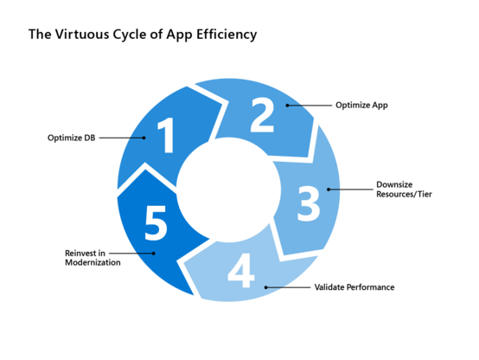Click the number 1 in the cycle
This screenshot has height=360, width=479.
pos(166,135)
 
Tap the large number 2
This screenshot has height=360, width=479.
pos(262,115)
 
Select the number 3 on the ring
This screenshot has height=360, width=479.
pos(309,203)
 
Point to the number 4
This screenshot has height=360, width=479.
pos(241,270)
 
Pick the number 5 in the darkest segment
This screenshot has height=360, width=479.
pos(156,222)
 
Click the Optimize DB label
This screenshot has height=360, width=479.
pos(72,138)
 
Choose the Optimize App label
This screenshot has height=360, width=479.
pos(361,106)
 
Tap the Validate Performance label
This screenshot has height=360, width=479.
pos(354,287)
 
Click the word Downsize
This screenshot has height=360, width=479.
pos(394,184)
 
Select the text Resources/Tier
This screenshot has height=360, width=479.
pos(404,194)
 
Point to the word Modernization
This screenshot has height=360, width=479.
pos(93,262)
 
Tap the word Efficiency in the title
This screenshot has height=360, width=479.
pos(227,35)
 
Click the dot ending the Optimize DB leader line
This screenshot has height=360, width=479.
pos(144,138)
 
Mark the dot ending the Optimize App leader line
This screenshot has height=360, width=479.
pos(287,106)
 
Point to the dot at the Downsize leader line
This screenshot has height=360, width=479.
pos(329,190)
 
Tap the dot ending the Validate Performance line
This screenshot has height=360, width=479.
pos(266,287)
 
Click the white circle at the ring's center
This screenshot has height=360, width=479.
pos(228,190)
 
